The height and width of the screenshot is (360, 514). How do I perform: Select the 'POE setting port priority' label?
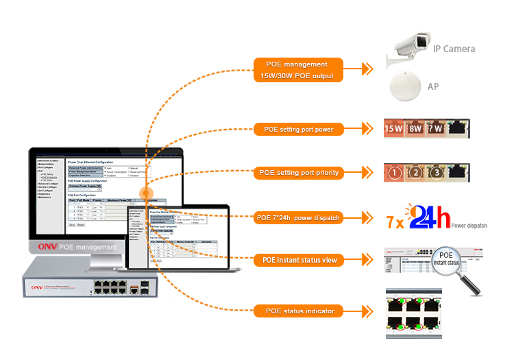pyautogui.click(x=299, y=173)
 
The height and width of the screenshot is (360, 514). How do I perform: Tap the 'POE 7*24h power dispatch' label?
pyautogui.click(x=299, y=218)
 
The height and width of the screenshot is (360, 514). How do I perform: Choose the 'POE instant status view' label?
pyautogui.click(x=299, y=261)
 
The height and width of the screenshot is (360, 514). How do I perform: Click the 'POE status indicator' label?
pyautogui.click(x=299, y=311)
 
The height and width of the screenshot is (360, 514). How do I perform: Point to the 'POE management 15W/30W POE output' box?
pyautogui.click(x=299, y=70)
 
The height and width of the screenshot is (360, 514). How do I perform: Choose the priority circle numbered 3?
pyautogui.click(x=437, y=173)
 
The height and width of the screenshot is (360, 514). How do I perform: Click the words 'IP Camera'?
pyautogui.click(x=454, y=49)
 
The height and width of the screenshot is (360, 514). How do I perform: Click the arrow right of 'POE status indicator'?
pyautogui.click(x=368, y=311)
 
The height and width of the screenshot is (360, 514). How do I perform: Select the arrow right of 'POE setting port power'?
pyautogui.click(x=368, y=128)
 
